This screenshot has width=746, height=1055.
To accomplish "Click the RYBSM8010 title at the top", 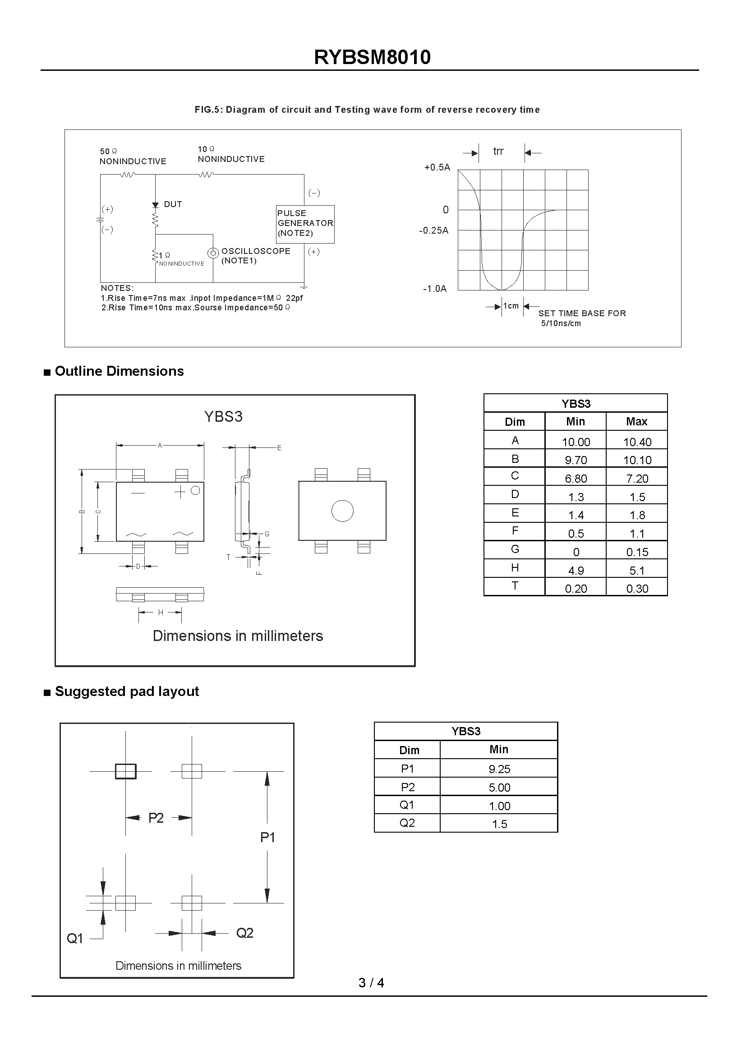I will tap(372, 57).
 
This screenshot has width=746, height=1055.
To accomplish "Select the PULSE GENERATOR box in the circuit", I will tap(305, 224).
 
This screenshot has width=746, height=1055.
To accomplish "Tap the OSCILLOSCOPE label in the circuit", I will tap(255, 251).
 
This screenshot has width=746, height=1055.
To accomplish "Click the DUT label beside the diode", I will tap(173, 204).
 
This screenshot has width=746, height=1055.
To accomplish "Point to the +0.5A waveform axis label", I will tap(437, 167).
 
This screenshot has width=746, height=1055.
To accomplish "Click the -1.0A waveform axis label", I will tap(434, 289).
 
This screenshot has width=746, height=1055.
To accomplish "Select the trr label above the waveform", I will tap(498, 151).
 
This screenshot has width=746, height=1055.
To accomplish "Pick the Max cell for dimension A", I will tap(637, 442).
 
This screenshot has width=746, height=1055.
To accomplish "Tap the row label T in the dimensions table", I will tap(515, 586).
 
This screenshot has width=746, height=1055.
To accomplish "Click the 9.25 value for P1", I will tap(499, 769).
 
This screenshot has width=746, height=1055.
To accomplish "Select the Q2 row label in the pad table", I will tap(407, 823).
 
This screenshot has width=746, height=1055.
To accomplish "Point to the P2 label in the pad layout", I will tap(156, 818).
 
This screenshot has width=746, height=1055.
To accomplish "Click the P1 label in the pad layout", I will tap(267, 837).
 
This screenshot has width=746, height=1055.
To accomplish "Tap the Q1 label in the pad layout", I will tap(75, 938).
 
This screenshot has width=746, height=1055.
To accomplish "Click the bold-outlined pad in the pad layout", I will tap(125, 771).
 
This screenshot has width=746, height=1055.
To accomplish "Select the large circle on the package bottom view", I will tap(342, 511).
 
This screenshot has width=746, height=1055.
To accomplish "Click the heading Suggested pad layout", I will tap(127, 691).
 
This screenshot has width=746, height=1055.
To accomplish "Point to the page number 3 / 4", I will tap(371, 982).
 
